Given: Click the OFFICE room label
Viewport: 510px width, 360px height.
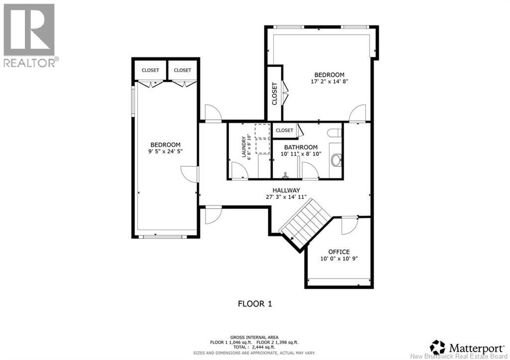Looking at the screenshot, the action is coord(339,252).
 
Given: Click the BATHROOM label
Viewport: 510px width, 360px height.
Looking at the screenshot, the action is coord(301,147).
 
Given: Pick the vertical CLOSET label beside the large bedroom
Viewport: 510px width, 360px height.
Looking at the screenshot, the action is coord(274,94).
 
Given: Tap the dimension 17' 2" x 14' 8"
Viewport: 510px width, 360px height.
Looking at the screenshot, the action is coord(330,81).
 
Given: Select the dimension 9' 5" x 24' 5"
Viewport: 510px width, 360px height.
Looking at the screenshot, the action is coord(165,151).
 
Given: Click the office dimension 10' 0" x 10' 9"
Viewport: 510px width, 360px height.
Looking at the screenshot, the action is coord(339,258).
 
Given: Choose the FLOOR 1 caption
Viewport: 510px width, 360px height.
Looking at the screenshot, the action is coord(255,304).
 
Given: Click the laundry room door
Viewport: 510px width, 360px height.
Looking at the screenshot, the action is coord(240,170).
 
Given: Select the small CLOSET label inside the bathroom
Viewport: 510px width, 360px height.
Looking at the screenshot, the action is coord(284,130).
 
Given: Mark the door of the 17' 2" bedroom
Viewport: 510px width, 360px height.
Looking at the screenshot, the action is coord(358,113).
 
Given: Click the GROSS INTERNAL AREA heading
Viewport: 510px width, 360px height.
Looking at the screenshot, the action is coord(255,337).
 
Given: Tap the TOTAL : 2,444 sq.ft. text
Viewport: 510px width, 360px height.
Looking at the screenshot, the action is coord(255,347).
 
